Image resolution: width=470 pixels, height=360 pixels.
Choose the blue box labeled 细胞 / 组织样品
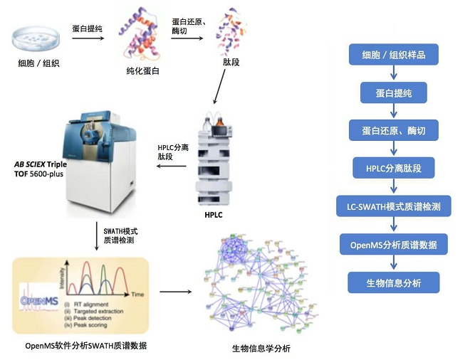point(393,55)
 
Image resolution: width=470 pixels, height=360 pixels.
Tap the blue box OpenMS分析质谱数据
point(393,245)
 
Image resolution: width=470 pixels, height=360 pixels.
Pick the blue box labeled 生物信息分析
point(393,282)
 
